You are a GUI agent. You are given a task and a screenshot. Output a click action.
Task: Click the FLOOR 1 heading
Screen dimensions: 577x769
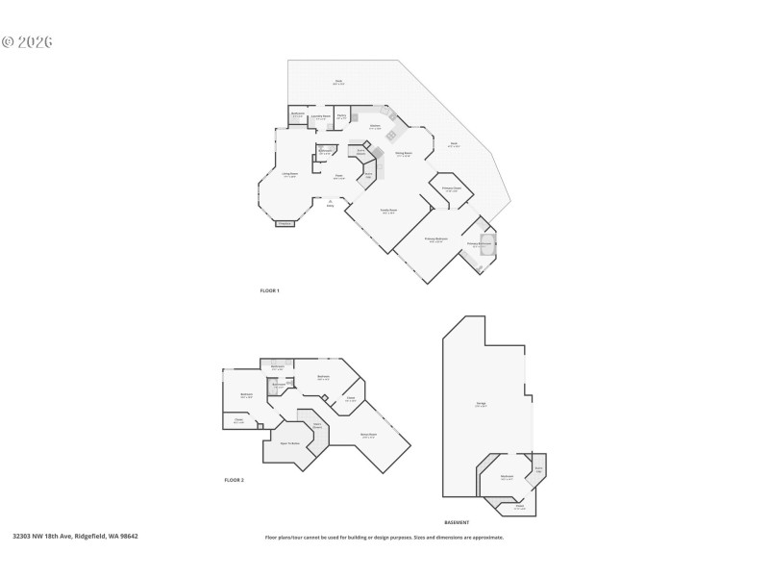tap(269, 290)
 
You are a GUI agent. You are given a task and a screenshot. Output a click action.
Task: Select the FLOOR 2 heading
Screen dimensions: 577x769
tap(234, 479)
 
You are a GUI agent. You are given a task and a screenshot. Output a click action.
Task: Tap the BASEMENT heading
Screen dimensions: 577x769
tap(457, 522)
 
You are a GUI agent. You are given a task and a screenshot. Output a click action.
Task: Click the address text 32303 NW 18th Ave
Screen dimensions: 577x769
tap(75, 537)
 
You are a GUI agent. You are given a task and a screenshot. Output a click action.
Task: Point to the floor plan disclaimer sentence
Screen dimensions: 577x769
tap(384, 538)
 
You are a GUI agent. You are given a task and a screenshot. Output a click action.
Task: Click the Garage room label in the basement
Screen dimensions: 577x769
tap(481, 405)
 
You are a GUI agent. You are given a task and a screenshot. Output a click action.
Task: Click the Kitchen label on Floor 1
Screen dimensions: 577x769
tap(375, 126)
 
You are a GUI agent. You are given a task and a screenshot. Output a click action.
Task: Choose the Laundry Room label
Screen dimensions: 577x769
tap(321, 116)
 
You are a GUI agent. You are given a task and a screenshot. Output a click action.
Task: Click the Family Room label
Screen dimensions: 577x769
tap(389, 212)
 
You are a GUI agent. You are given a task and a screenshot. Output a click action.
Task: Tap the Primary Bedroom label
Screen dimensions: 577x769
tap(435, 239)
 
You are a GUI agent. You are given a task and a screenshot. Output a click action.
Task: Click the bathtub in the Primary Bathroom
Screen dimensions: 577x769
tap(486, 241)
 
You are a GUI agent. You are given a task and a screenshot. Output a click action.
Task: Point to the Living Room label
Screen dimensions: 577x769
tap(289, 175)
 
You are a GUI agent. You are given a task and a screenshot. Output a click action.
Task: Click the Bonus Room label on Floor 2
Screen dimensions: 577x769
tap(368, 435)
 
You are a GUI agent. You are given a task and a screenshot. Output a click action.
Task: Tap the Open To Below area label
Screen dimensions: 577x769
tap(290, 443)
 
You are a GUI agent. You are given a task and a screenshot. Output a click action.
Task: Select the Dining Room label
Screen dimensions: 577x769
tap(404, 154)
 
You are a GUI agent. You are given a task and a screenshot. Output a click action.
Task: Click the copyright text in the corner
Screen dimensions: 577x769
tap(27, 42)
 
